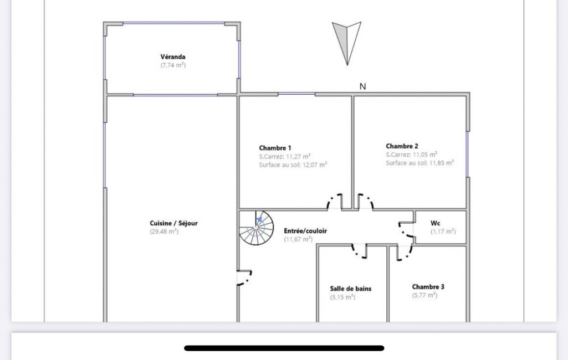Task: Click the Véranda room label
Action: point(173,56)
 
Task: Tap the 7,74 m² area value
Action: point(173,65)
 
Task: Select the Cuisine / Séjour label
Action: point(174,223)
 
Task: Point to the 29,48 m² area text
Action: point(164,232)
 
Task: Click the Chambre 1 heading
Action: point(275,148)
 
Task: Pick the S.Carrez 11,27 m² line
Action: point(285,156)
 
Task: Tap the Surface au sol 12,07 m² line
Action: point(293,165)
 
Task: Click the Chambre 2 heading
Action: point(402,146)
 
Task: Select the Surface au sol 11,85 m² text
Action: point(420,163)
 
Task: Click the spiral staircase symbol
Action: point(257,228)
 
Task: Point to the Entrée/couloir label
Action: point(305,231)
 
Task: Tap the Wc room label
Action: point(436,223)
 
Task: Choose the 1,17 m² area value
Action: point(443,232)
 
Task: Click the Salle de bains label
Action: point(351,289)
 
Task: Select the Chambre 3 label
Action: point(428,286)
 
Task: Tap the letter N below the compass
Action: point(362,86)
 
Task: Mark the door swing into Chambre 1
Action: point(335,202)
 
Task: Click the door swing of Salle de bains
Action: point(359,251)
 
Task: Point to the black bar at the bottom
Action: point(284,348)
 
